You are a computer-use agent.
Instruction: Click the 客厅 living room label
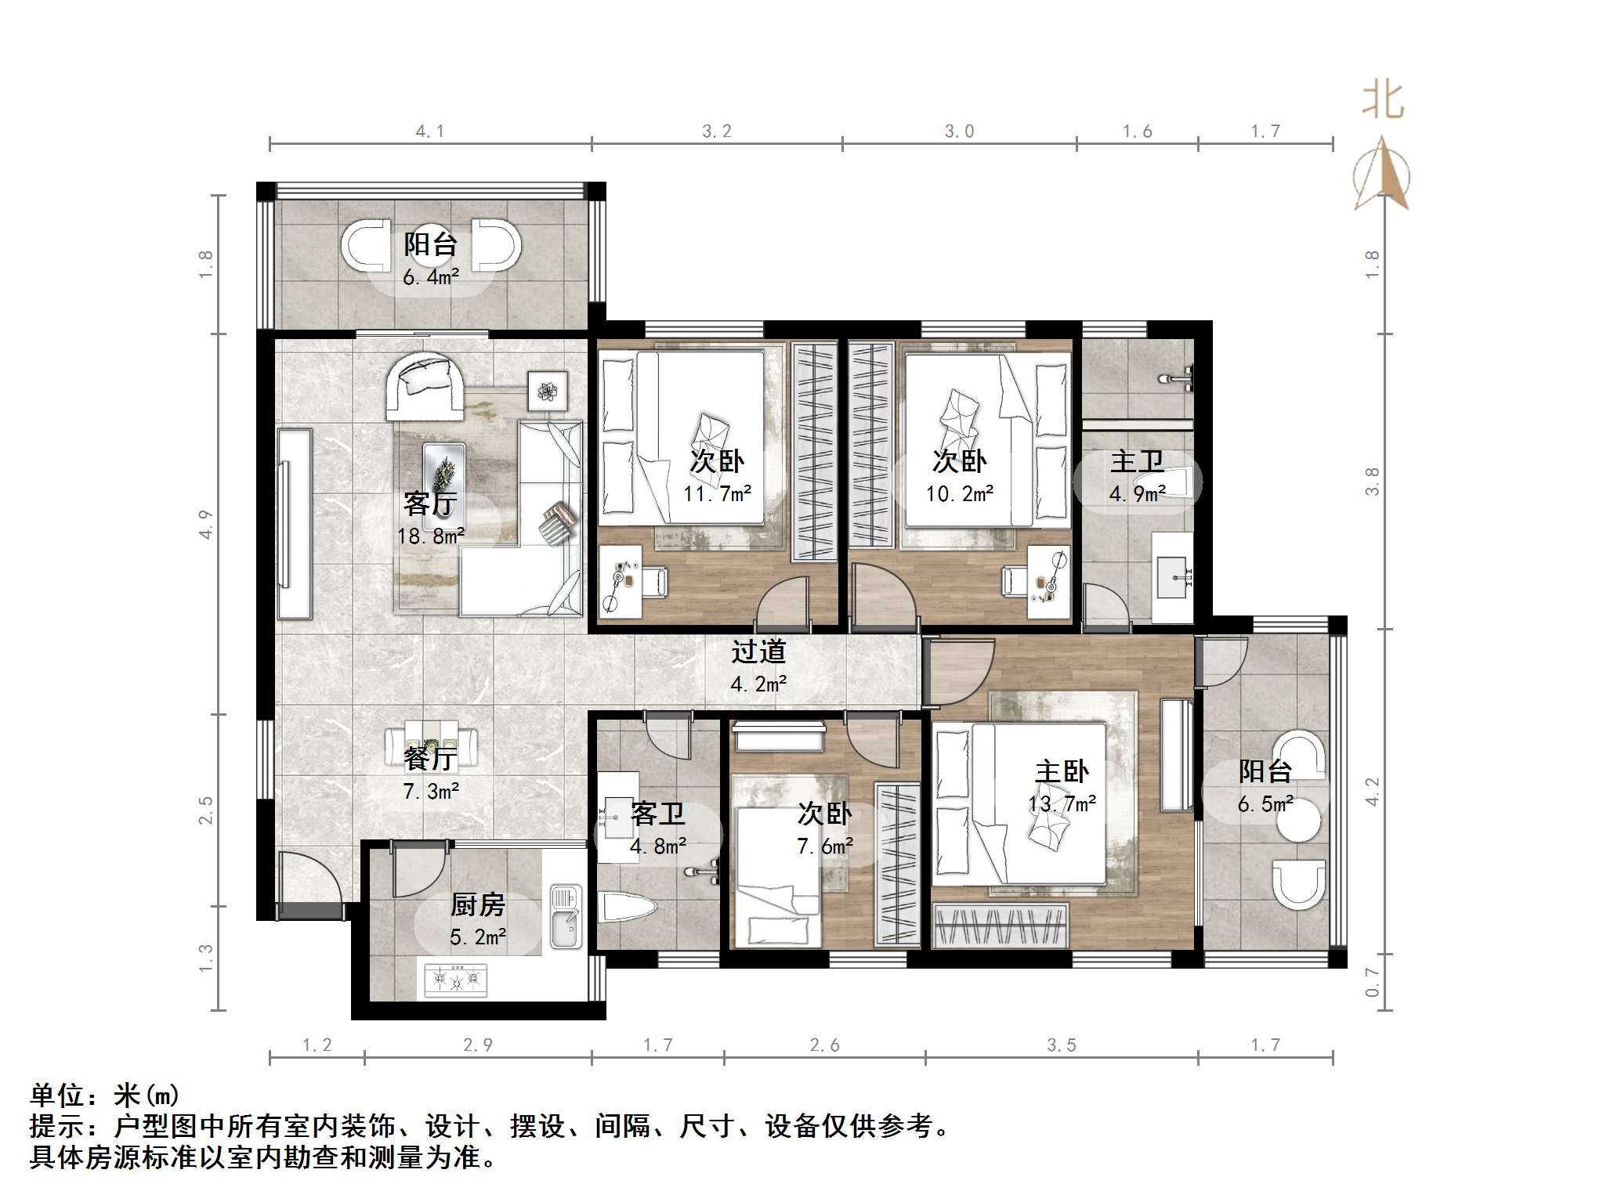pyautogui.click(x=430, y=503)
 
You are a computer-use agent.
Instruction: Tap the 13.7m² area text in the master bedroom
pyautogui.click(x=1062, y=803)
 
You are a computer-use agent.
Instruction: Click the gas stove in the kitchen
pyautogui.click(x=455, y=979)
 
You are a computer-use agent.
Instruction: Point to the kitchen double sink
pyautogui.click(x=566, y=916)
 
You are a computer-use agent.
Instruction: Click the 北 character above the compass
pyautogui.click(x=1383, y=100)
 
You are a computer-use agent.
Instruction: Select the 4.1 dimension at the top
pyautogui.click(x=430, y=131)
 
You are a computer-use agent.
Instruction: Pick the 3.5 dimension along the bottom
pyautogui.click(x=1062, y=1045)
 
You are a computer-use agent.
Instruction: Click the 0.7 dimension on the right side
pyautogui.click(x=1372, y=981)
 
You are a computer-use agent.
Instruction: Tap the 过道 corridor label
pyautogui.click(x=758, y=651)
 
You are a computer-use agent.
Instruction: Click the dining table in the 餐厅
pyautogui.click(x=432, y=747)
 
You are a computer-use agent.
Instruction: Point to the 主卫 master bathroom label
pyautogui.click(x=1137, y=461)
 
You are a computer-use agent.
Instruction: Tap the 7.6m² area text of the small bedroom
pyautogui.click(x=825, y=846)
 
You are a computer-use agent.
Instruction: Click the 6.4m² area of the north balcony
pyautogui.click(x=431, y=276)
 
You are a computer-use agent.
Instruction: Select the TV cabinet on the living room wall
pyautogui.click(x=294, y=524)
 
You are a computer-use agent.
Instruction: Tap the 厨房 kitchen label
pyautogui.click(x=477, y=904)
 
